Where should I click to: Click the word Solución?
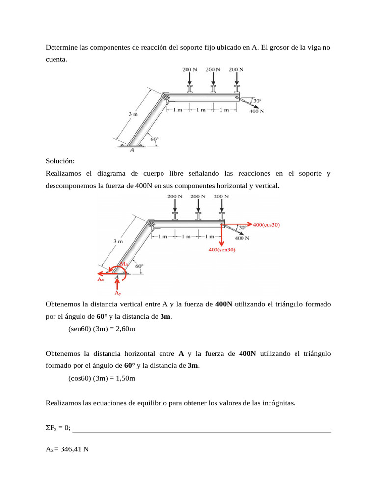click(x=60, y=161)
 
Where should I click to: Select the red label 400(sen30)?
click(x=222, y=250)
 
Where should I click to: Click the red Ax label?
click(x=100, y=279)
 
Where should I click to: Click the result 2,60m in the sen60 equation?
click(x=123, y=329)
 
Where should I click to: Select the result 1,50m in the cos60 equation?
click(x=123, y=378)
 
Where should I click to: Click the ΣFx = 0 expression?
click(x=58, y=428)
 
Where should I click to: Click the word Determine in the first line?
click(x=61, y=48)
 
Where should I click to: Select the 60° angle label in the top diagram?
click(x=154, y=139)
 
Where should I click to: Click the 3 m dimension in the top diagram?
click(x=133, y=114)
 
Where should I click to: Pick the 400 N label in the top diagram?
click(x=257, y=112)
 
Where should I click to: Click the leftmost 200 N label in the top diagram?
click(x=189, y=69)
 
